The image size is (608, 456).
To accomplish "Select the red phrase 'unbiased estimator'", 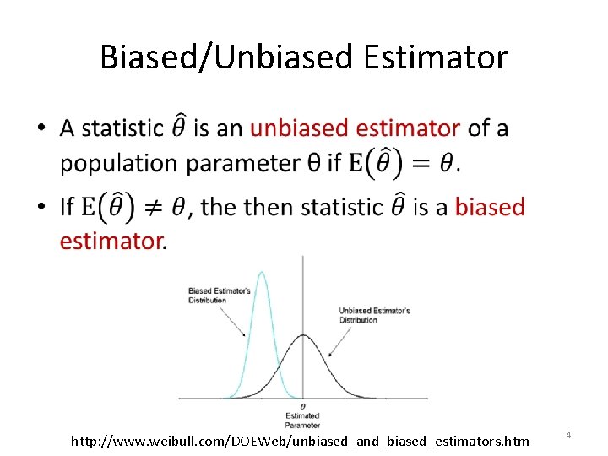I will [x=356, y=128].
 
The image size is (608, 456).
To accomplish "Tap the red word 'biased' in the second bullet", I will [x=490, y=207].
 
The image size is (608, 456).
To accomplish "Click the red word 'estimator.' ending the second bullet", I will [x=113, y=242].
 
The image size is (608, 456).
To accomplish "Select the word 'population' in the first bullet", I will [x=119, y=164].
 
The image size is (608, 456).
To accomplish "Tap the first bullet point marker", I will [x=41, y=129].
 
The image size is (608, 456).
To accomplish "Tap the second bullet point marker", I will [x=41, y=208].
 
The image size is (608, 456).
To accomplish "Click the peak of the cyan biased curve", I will [x=262, y=273].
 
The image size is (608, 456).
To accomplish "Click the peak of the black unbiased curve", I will [x=303, y=335].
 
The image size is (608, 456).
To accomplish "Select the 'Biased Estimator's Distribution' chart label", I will [x=219, y=295].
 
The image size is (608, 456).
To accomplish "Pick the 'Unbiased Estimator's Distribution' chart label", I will [x=374, y=315].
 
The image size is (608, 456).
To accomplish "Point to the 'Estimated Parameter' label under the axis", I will [x=302, y=419].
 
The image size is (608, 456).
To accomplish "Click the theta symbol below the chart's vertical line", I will [x=303, y=407].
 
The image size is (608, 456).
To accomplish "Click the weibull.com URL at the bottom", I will [x=300, y=441].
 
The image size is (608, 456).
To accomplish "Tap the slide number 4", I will [x=568, y=435].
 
